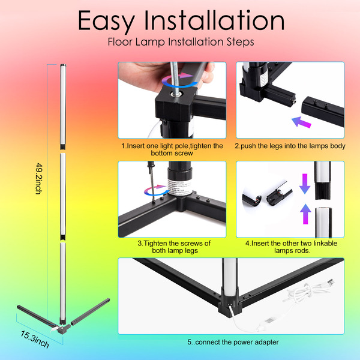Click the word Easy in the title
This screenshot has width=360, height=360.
pos(106,21)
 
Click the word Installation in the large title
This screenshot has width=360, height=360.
pos(214,20)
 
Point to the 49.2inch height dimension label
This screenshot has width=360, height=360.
pos(39,178)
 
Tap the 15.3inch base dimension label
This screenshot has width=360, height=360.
pos(35,340)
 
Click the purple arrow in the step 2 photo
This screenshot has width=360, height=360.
pos(301,122)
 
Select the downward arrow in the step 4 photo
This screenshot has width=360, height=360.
pos(305,184)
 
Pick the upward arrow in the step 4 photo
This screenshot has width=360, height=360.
pos(305,214)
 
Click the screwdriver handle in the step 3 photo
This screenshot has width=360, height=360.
pos(151,169)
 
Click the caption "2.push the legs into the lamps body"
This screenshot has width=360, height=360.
pos(290,146)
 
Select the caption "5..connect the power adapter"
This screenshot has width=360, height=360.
pos(233,342)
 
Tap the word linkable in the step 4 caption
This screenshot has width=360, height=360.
pos(325,243)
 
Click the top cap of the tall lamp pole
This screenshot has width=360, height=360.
pos(63,65)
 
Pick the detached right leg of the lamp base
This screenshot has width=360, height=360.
pos(90,311)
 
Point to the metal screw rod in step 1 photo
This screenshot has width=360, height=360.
pos(175,78)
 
